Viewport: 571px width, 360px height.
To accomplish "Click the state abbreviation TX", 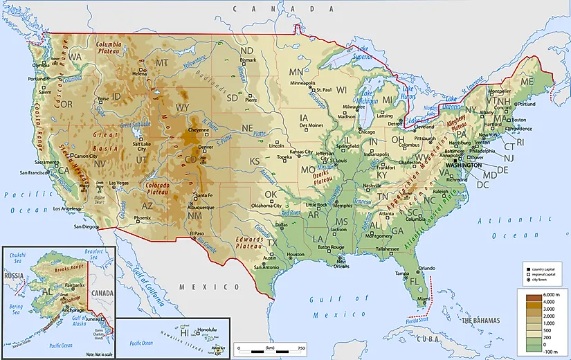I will [271, 243].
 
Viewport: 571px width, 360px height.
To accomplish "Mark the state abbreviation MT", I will [163, 63].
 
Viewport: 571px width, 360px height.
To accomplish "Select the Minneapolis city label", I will [302, 84].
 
